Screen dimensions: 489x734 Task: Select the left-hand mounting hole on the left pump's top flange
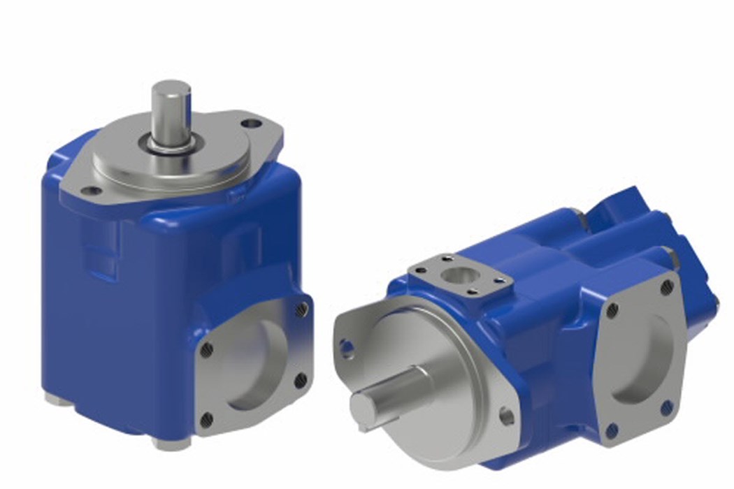(x=88, y=190)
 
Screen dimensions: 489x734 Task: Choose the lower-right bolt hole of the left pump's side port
(x=301, y=381)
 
